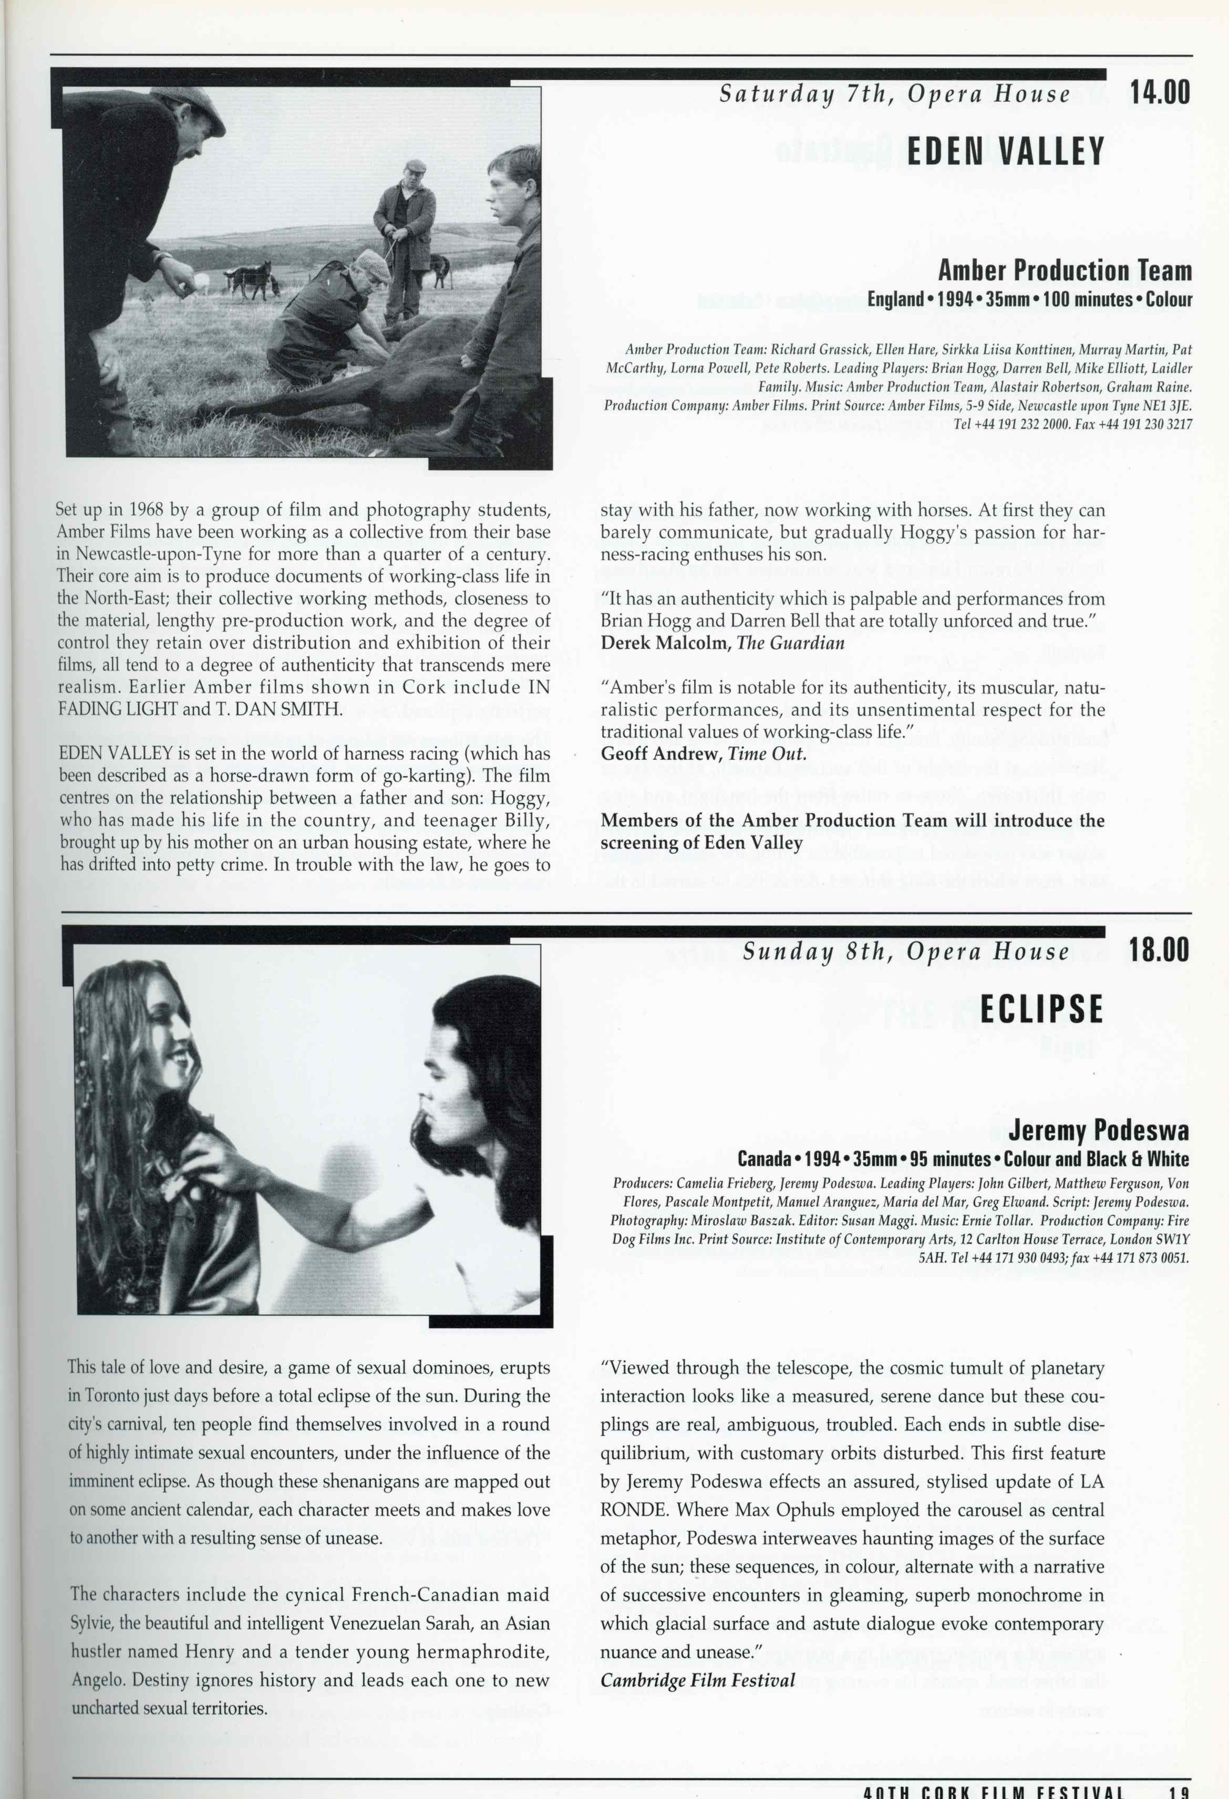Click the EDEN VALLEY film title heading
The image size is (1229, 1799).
click(x=1005, y=152)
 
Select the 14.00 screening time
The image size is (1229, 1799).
click(x=1159, y=93)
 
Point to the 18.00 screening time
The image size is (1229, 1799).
click(x=1159, y=950)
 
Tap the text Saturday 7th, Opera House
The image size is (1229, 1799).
click(x=894, y=95)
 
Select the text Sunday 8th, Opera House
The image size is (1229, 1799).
click(x=905, y=951)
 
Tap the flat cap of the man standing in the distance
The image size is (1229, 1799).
click(x=416, y=165)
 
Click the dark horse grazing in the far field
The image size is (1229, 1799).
click(x=248, y=283)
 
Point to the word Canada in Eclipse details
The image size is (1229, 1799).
click(x=763, y=1159)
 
